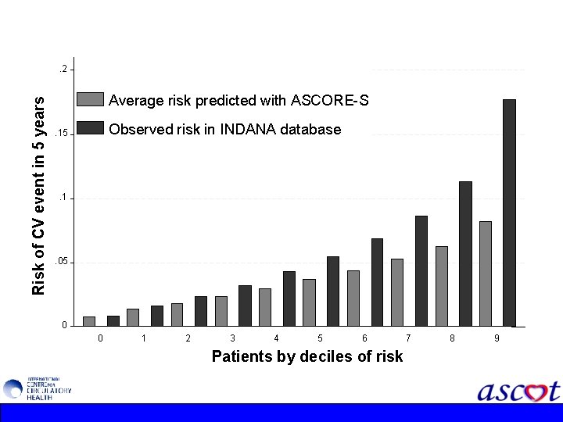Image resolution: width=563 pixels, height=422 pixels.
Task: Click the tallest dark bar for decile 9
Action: (x=509, y=212)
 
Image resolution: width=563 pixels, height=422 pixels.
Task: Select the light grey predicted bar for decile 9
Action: (x=486, y=273)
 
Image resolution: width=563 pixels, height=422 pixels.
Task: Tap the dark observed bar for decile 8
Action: (x=465, y=253)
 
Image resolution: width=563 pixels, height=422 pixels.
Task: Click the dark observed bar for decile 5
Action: (x=333, y=291)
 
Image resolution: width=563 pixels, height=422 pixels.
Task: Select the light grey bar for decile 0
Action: (x=89, y=320)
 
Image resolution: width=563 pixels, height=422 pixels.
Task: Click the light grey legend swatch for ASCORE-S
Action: (x=91, y=99)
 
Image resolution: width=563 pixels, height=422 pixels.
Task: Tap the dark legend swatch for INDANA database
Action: (x=91, y=128)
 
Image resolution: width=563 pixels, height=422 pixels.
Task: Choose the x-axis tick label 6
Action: (x=364, y=338)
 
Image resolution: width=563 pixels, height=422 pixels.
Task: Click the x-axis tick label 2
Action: (x=188, y=338)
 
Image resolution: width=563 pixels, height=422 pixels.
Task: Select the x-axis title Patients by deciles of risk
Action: (x=307, y=356)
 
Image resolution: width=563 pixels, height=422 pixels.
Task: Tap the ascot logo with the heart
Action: (x=518, y=390)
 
